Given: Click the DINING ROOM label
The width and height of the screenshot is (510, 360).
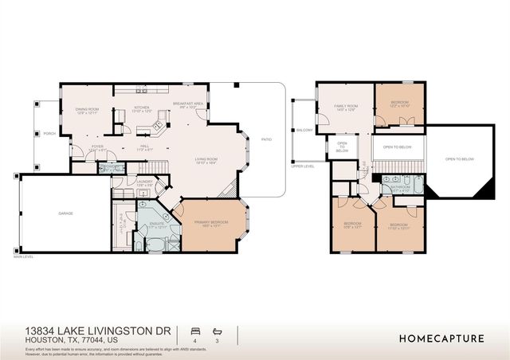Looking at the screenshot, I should point(87,109).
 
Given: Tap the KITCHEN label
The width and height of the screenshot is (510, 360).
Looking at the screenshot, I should point(141,107).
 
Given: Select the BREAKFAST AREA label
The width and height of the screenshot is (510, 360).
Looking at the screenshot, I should point(186,104).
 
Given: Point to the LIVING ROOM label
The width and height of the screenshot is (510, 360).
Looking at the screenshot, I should point(206,159).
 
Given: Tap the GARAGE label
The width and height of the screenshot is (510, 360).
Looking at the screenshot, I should point(65,213).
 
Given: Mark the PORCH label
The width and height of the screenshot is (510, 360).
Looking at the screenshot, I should point(49,133).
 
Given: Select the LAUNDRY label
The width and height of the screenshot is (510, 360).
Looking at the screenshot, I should point(145,182).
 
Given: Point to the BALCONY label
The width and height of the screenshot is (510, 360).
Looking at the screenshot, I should point(304,129).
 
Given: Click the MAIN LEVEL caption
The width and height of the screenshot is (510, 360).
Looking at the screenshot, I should point(25,256).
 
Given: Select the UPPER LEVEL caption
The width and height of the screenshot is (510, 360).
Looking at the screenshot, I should point(303,166).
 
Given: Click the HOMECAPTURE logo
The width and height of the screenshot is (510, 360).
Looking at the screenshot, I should point(440,338).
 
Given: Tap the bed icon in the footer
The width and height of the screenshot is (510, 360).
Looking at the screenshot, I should point(194,330).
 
